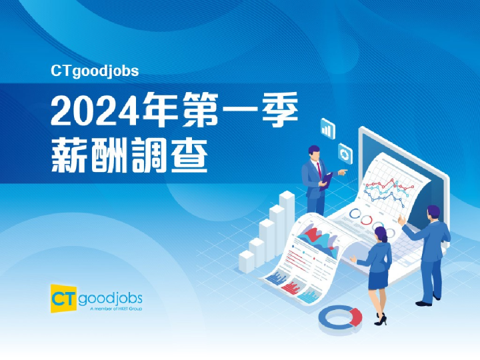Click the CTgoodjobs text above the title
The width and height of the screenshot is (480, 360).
click(94, 70)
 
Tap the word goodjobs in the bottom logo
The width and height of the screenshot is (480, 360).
click(110, 297)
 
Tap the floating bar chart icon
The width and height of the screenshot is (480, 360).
click(327, 127)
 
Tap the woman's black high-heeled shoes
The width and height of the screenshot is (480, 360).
click(380, 321)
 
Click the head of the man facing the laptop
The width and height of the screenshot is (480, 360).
click(433, 213)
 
